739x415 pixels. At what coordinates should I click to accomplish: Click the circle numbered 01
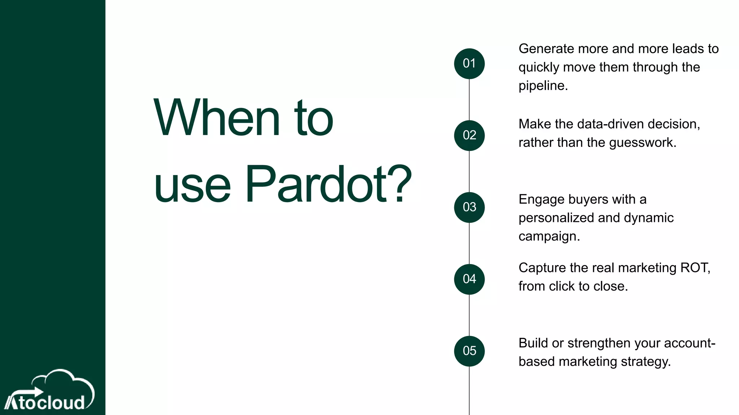pos(469,64)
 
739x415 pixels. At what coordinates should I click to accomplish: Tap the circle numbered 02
pos(469,135)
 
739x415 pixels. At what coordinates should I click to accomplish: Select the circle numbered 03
pos(469,207)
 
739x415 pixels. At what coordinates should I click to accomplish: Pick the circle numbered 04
pos(469,279)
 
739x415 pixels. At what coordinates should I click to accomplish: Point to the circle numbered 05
pos(469,351)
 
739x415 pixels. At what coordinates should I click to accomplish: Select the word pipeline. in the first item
pos(543,86)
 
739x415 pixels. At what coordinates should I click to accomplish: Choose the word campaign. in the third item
pos(549,236)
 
